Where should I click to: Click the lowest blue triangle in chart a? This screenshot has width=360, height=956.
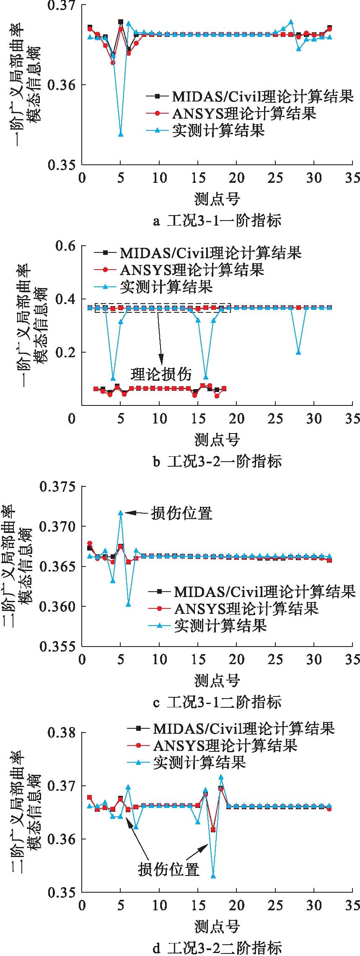pos(121,134)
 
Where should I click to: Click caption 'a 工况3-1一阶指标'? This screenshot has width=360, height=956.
pos(217,221)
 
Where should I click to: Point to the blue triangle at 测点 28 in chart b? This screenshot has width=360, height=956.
pos(298,352)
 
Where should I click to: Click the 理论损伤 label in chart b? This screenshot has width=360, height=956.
pos(161,374)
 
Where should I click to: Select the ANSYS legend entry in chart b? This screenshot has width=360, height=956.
pos(192,270)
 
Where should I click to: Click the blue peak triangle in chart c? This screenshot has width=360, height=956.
pos(121,513)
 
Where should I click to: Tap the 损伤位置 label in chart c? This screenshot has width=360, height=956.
pos(182,513)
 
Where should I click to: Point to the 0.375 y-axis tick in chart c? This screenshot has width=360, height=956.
pos(57,487)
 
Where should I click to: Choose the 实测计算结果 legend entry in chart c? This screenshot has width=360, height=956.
pos(220,626)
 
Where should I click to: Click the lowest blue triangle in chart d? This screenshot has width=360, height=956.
pos(213,876)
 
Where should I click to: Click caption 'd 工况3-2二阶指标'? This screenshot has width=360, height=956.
pos(217,948)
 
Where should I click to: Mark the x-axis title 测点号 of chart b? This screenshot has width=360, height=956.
pos(217,440)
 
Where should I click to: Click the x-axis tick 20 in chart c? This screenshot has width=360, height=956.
pos(236,659)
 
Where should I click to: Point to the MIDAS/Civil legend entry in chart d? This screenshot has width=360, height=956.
pos(243,728)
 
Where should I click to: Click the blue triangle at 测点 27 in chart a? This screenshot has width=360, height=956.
pos(291,22)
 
